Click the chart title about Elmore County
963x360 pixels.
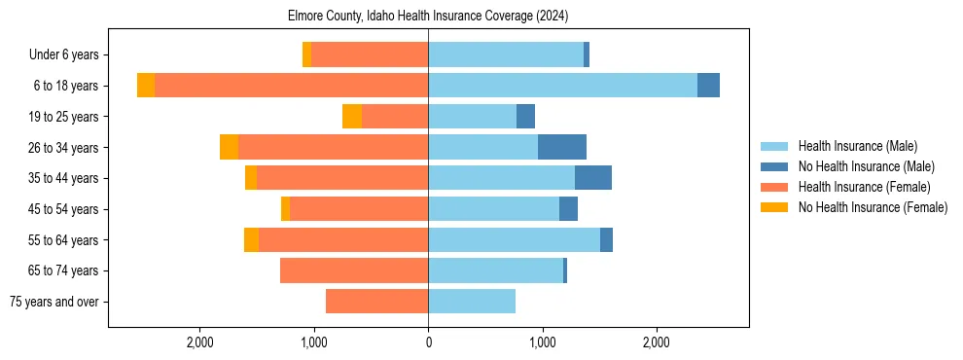[428, 17]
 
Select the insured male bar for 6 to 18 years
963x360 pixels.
[562, 86]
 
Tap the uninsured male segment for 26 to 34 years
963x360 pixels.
[562, 147]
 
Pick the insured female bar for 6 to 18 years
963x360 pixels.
[291, 86]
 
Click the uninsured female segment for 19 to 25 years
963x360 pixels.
[352, 117]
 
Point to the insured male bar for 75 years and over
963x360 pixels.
[472, 302]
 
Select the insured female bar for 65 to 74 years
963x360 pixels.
[354, 270]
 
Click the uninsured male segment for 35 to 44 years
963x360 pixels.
[593, 178]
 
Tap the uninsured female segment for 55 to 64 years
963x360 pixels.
[251, 239]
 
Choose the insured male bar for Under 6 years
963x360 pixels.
[506, 54]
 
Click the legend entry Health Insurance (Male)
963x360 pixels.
[857, 146]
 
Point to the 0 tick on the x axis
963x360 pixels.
[428, 342]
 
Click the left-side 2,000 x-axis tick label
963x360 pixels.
[200, 342]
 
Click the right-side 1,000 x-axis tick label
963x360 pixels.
[542, 342]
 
